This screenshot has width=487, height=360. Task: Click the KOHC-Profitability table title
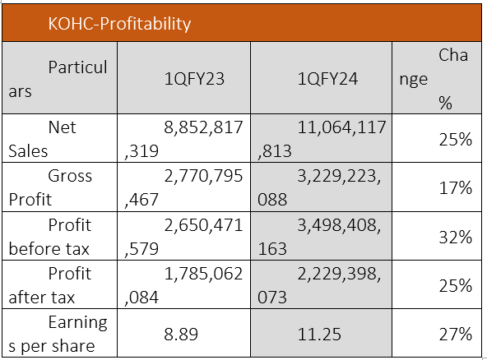[119, 24]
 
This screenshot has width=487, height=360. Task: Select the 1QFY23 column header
[194, 79]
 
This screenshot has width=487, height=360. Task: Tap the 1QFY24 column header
[327, 79]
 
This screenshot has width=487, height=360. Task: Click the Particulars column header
[58, 79]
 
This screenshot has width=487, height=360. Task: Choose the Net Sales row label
[42, 139]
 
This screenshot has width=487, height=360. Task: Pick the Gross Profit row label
[50, 187]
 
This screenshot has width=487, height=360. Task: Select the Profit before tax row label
[49, 237]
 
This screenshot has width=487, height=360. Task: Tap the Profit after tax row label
[49, 285]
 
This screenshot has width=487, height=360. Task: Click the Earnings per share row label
[58, 335]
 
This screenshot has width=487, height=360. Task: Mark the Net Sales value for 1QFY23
[183, 139]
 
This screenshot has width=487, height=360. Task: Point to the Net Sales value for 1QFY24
[322, 139]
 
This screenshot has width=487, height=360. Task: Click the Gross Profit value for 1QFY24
[319, 187]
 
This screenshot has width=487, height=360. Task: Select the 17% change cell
[455, 187]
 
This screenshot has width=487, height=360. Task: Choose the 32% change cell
[455, 237]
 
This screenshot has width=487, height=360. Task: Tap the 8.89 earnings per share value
[181, 335]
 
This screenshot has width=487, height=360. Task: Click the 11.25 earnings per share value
[319, 335]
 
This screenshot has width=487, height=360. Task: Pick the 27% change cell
[455, 335]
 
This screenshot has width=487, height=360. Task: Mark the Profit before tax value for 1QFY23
[183, 237]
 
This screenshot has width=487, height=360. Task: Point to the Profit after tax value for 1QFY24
[319, 285]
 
